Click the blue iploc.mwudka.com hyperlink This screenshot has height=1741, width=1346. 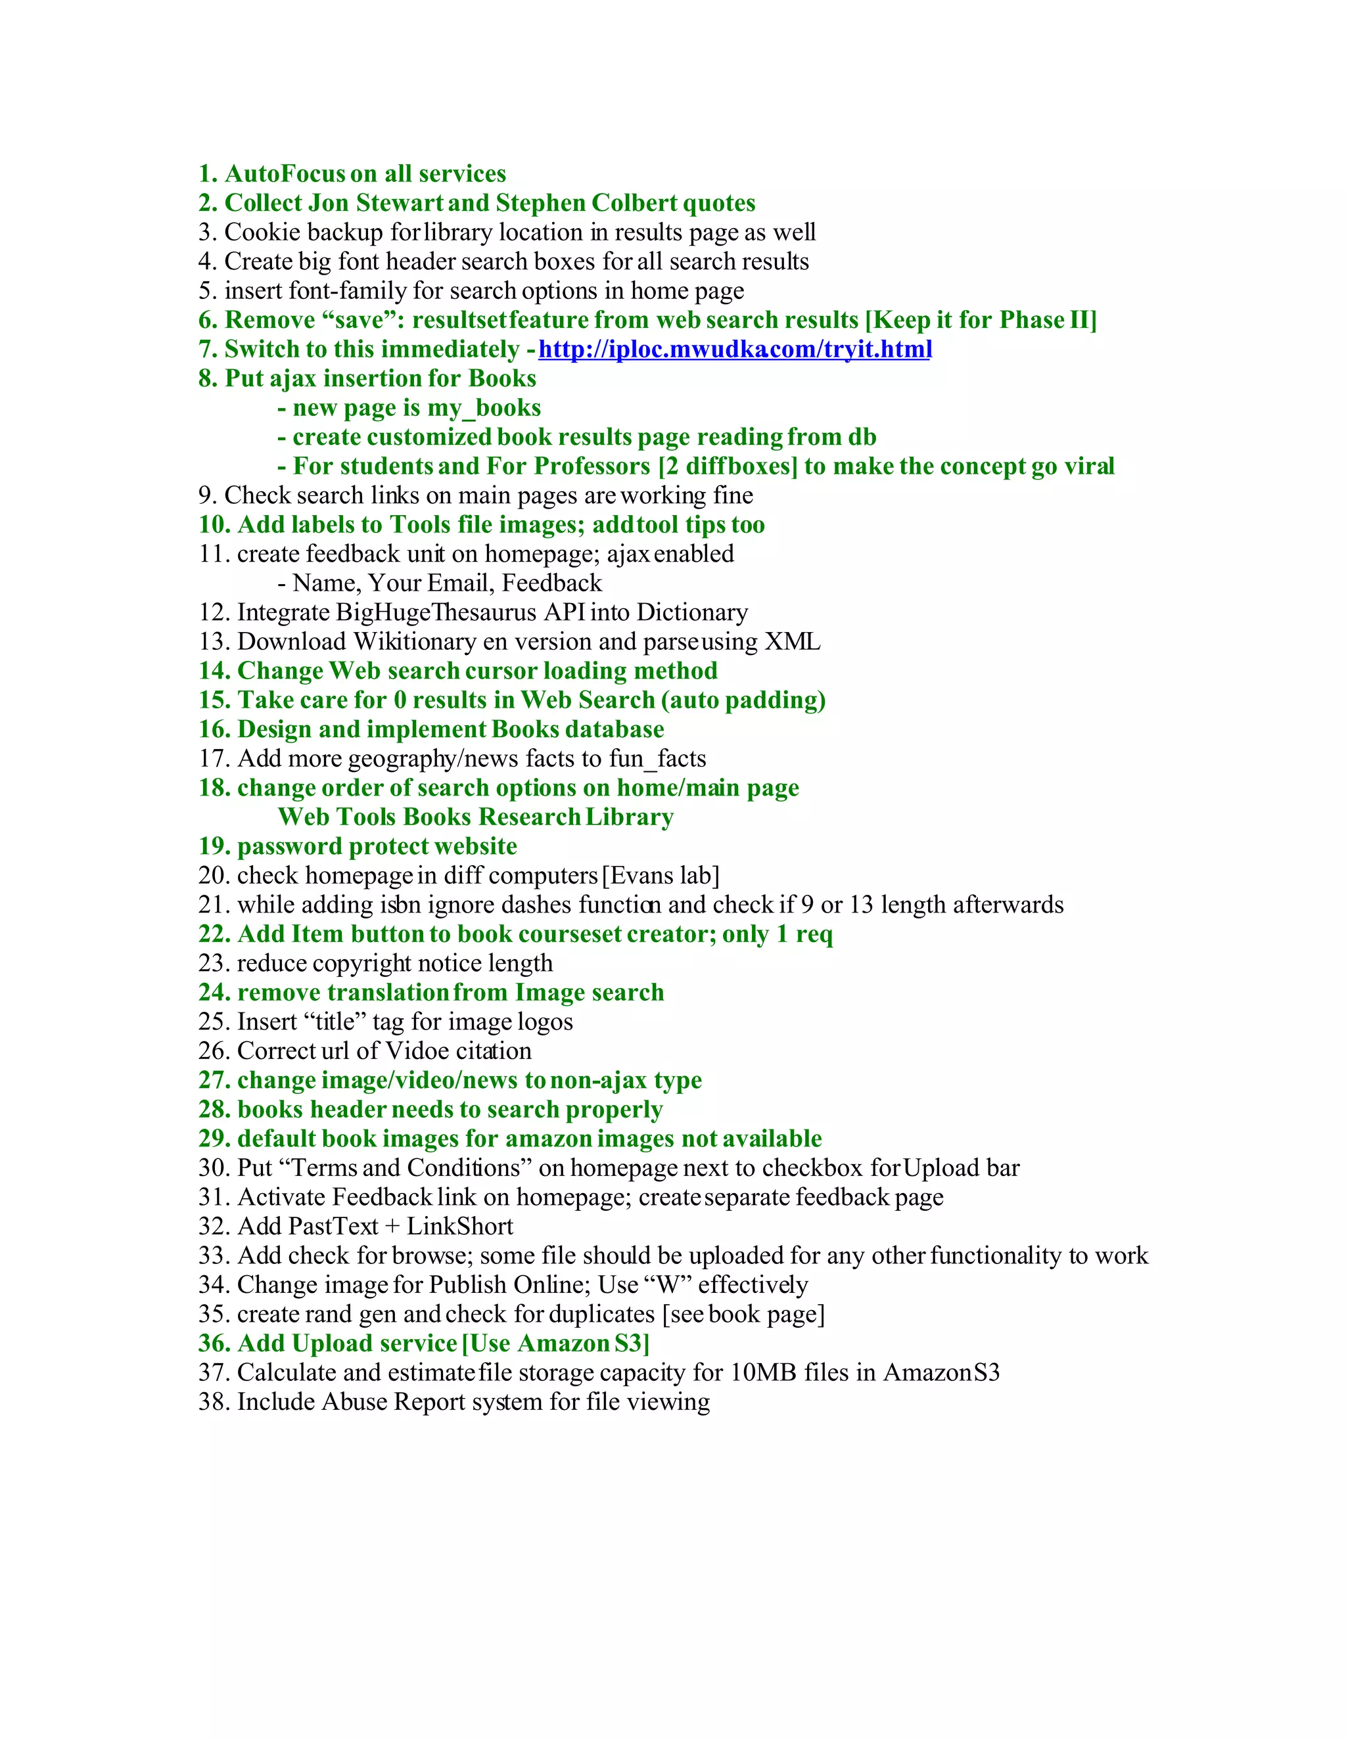734,349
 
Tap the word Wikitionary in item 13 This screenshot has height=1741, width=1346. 415,642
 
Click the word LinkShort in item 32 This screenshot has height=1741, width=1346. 460,1226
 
